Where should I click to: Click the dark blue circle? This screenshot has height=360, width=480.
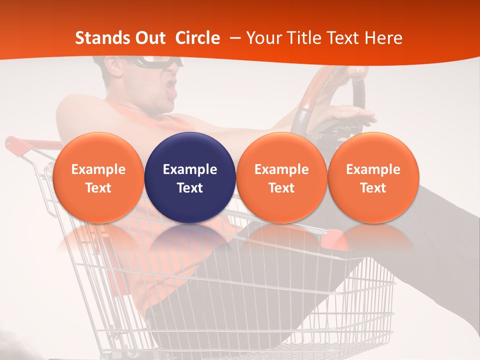pyautogui.click(x=190, y=178)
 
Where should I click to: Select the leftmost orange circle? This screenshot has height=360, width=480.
pyautogui.click(x=98, y=178)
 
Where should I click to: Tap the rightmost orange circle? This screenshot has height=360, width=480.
pyautogui.click(x=373, y=178)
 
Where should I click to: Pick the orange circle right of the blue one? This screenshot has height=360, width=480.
pyautogui.click(x=281, y=178)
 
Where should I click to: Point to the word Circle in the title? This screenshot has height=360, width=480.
pyautogui.click(x=197, y=38)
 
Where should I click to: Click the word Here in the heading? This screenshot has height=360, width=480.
pyautogui.click(x=383, y=38)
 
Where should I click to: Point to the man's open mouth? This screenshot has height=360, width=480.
pyautogui.click(x=172, y=85)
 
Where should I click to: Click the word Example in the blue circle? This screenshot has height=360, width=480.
pyautogui.click(x=190, y=169)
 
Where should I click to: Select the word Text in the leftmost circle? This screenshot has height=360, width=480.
pyautogui.click(x=98, y=188)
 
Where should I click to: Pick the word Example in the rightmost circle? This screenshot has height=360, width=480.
pyautogui.click(x=373, y=169)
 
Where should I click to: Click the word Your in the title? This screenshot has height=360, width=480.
pyautogui.click(x=263, y=38)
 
